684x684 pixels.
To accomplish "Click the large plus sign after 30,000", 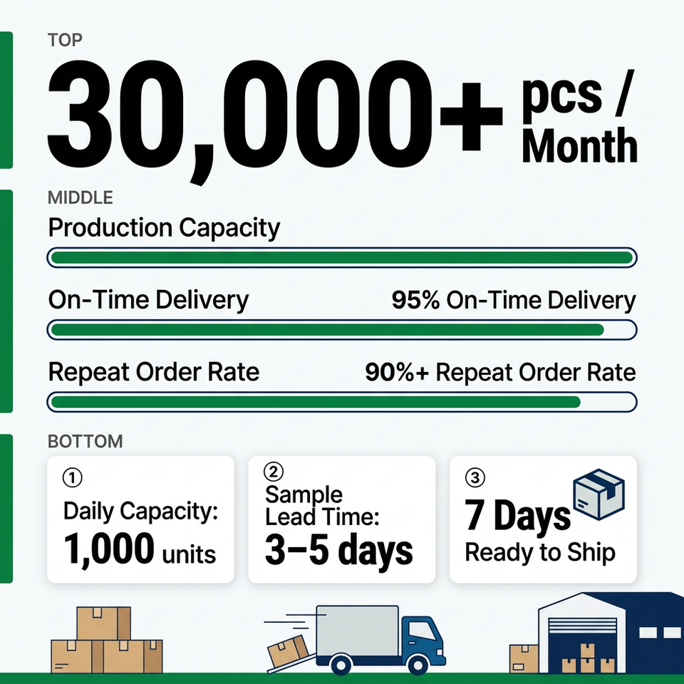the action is pyautogui.click(x=471, y=116).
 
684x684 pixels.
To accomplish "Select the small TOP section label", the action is pyautogui.click(x=65, y=40).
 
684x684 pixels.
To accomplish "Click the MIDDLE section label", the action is pyautogui.click(x=81, y=197).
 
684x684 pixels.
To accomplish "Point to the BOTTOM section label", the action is pyautogui.click(x=85, y=442).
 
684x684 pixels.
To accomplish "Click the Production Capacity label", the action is pyautogui.click(x=164, y=228).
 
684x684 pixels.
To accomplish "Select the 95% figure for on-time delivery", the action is pyautogui.click(x=415, y=300).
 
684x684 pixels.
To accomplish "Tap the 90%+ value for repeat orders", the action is pyautogui.click(x=397, y=372).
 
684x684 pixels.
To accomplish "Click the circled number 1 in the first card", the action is pyautogui.click(x=73, y=477).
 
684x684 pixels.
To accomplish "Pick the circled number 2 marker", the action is pyautogui.click(x=274, y=472).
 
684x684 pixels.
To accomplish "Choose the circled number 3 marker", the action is pyautogui.click(x=475, y=477).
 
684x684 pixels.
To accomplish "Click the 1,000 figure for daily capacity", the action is pyautogui.click(x=108, y=549).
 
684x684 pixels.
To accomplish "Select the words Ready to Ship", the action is pyautogui.click(x=540, y=552).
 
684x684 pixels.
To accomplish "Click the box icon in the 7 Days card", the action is pyautogui.click(x=599, y=494).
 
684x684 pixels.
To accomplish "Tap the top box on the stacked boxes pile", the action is pyautogui.click(x=104, y=623).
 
